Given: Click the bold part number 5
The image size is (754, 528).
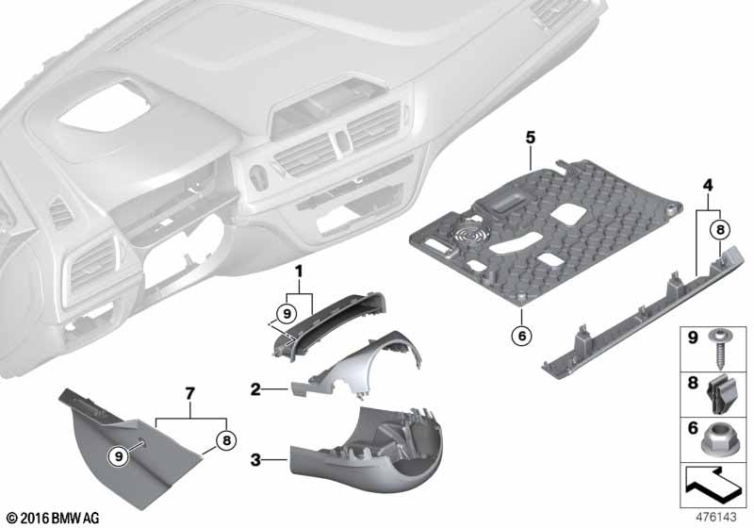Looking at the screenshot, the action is tap(530, 138).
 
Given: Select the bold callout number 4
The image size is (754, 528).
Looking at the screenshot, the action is tap(708, 185).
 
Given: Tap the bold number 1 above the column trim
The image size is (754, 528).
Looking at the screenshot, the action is tap(299, 272).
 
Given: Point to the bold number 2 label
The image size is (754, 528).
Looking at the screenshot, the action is tap(255, 389).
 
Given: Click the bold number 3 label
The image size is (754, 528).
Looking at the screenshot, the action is tap(255, 460).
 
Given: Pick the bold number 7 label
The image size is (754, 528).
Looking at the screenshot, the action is tap(190, 393).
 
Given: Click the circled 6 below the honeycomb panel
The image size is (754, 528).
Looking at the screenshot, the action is tap(522, 335).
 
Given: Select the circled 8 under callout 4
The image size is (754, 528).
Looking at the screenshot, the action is tap(720, 230).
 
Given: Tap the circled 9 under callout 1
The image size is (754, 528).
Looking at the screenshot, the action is tap(287, 315).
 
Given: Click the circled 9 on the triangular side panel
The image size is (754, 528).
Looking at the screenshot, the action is tap(119, 455).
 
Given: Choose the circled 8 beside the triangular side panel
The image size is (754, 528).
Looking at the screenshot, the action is tap(226, 440).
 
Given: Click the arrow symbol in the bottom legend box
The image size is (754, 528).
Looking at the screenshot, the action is tap(713, 486).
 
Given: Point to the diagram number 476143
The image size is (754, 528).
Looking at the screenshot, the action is tap(716, 517).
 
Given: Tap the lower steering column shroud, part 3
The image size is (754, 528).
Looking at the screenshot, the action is tap(367, 449).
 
